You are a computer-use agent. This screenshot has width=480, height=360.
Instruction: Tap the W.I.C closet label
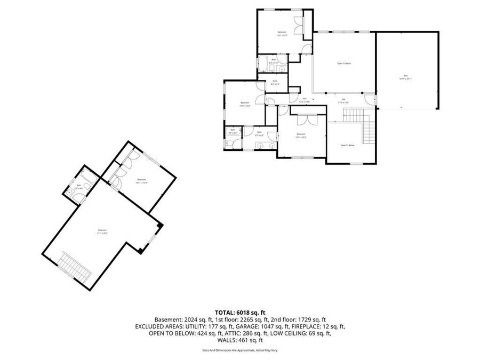tap(275, 82)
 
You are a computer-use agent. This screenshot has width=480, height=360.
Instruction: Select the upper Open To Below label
tap(344, 63)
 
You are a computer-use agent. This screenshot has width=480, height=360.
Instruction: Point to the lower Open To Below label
tap(348, 145)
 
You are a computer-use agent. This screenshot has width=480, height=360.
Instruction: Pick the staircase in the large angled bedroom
tap(75, 268)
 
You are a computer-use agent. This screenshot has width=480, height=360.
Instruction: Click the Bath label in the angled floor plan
tap(78, 186)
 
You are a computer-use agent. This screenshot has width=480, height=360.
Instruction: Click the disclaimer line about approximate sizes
tap(240, 350)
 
